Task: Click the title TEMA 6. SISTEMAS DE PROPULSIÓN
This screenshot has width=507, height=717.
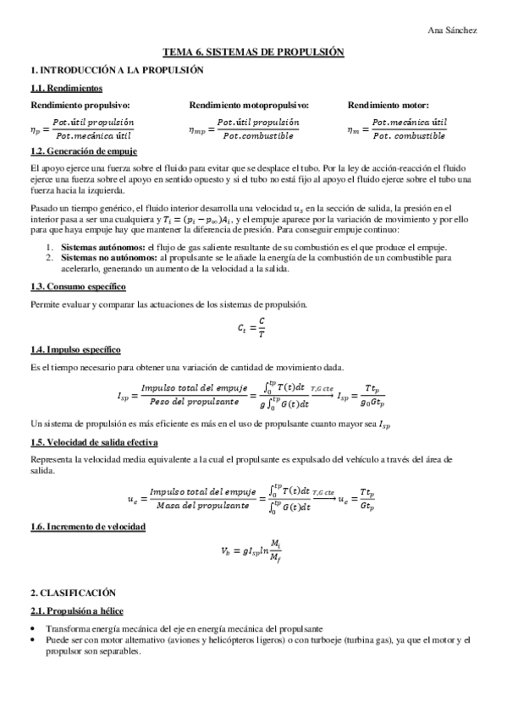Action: [253, 52]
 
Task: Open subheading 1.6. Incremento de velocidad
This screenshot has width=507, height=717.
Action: [87, 527]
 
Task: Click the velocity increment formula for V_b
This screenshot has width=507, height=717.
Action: [252, 553]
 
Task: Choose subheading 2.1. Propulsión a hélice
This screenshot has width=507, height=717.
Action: [79, 610]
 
